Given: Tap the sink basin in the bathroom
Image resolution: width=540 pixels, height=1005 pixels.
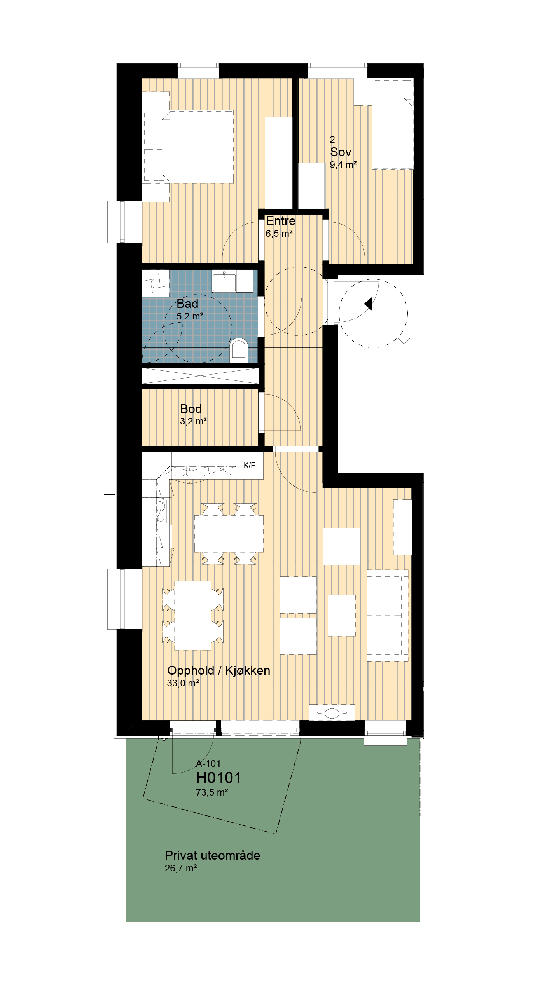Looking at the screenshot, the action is (x=224, y=281).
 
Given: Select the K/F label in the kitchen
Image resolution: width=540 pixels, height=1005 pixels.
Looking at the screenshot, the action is (x=249, y=465).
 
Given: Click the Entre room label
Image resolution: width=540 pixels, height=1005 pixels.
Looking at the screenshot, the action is (x=281, y=221).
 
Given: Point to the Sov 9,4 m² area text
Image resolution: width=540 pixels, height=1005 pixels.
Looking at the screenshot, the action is (x=343, y=165).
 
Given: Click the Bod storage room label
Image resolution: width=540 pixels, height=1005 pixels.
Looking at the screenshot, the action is (x=191, y=409).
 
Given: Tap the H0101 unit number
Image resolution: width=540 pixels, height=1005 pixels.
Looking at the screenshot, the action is (x=218, y=778).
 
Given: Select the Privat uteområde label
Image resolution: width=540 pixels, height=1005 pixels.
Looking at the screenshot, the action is (x=212, y=856).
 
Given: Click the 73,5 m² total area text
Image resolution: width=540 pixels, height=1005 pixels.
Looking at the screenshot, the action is (x=212, y=792).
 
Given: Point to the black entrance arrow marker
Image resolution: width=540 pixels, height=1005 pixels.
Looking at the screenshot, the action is (x=369, y=304).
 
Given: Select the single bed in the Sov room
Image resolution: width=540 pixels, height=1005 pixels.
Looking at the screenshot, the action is (x=393, y=124).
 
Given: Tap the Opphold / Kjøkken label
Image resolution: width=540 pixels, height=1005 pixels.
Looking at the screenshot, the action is (x=218, y=671).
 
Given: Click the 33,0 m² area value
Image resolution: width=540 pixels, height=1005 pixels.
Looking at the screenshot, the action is (x=183, y=683).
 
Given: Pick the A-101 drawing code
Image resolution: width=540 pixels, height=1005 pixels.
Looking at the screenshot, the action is (x=208, y=764).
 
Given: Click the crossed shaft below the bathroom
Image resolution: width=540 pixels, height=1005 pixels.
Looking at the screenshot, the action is (x=200, y=376).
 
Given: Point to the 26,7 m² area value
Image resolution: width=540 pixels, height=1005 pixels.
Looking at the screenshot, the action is (x=181, y=868).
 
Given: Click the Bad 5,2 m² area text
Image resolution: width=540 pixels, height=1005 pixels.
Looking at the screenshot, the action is (x=190, y=316).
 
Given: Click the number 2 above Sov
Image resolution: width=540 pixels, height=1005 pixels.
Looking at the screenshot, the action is (x=332, y=140).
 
